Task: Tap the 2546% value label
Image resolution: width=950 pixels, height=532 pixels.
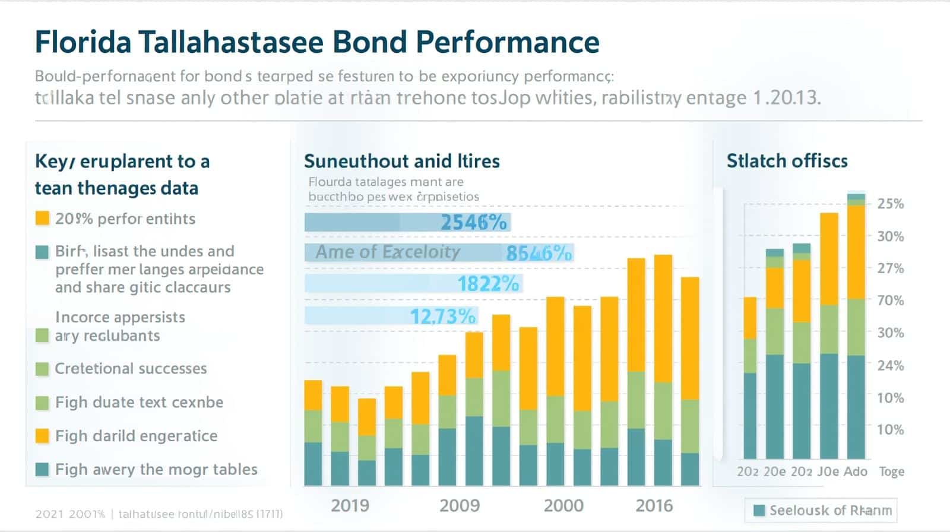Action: tap(474, 223)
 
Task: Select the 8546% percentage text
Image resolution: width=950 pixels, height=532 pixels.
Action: tap(539, 254)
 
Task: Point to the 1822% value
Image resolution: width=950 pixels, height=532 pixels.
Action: tap(488, 284)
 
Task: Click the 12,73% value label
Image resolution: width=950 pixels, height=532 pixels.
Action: tap(442, 316)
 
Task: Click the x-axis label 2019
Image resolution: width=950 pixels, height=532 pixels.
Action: tap(350, 506)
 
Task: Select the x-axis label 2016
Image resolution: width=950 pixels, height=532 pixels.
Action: tap(654, 506)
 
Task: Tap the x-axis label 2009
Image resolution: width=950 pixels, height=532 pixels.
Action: tap(459, 506)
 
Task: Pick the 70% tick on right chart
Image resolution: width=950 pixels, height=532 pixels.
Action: tap(890, 300)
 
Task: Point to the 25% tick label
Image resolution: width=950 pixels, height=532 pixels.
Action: tap(890, 204)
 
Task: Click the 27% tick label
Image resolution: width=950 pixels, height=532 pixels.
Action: tap(890, 268)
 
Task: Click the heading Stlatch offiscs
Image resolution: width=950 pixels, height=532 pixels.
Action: tap(787, 161)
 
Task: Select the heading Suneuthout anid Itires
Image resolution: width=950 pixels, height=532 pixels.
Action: tap(401, 161)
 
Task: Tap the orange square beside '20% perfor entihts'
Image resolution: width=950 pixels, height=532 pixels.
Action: tap(42, 218)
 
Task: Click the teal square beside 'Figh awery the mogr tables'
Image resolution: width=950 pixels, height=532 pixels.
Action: tap(42, 470)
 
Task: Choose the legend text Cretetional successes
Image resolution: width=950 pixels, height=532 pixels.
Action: tap(131, 369)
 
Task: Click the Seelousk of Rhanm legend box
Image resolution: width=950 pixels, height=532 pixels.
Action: tap(821, 510)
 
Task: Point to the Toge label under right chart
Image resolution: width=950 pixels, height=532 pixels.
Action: tap(891, 472)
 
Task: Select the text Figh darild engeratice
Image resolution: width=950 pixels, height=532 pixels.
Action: tap(136, 436)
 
